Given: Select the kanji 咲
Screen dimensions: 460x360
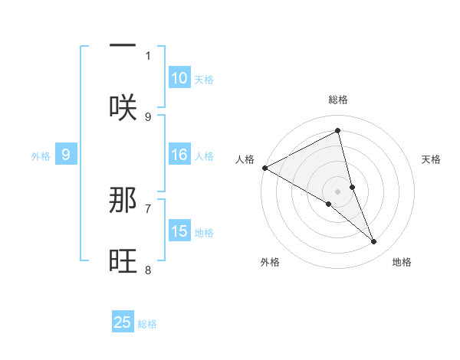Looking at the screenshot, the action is (x=123, y=106).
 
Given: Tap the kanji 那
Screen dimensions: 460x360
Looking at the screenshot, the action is (x=123, y=201).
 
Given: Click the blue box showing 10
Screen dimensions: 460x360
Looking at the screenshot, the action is (x=179, y=78).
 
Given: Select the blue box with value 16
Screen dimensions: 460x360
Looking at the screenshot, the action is (x=179, y=155).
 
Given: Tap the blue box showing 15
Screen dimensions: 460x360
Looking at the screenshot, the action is (x=179, y=231).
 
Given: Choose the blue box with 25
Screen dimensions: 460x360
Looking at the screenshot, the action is (x=123, y=322).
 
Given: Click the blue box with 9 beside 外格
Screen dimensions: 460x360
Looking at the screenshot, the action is (x=66, y=155).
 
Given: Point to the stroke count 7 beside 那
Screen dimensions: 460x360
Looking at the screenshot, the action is (x=148, y=208).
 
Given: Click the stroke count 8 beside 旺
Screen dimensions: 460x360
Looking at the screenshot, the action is (x=148, y=269).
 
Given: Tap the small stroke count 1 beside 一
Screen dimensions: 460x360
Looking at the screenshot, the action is (x=148, y=55).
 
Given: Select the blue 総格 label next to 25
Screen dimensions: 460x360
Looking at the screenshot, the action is (x=147, y=324).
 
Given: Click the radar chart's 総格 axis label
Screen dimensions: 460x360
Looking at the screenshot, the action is (x=338, y=100).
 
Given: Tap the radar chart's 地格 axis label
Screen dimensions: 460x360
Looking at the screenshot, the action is (x=402, y=262).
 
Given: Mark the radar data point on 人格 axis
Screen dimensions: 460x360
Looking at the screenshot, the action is (x=264, y=168).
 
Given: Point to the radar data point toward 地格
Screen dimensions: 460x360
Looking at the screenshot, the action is (x=374, y=242).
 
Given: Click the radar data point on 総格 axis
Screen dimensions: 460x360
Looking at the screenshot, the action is (x=338, y=131).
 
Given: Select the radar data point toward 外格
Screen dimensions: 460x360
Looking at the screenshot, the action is (x=329, y=204).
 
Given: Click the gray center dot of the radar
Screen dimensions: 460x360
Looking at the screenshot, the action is (x=338, y=191).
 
